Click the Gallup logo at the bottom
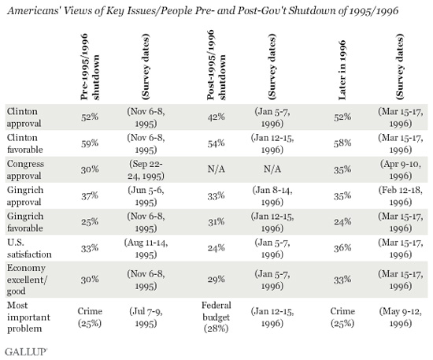(x=26, y=351)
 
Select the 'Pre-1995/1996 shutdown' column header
(x=90, y=67)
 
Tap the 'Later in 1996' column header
(x=342, y=70)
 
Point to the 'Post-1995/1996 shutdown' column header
(x=216, y=65)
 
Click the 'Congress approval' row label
(x=25, y=169)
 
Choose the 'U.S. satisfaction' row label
(x=29, y=248)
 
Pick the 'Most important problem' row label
(x=28, y=317)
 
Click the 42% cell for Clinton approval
(x=216, y=117)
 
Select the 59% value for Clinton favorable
(x=90, y=143)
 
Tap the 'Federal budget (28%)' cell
(x=216, y=317)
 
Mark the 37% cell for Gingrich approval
(x=90, y=195)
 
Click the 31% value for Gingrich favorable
(x=216, y=221)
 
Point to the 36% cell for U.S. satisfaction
(x=342, y=248)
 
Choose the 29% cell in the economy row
(x=216, y=280)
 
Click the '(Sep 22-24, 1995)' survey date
(x=146, y=169)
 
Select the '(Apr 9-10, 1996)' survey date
(x=401, y=169)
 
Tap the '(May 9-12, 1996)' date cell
(x=401, y=317)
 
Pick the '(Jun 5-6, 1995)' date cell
(x=146, y=196)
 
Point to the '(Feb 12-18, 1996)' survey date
(x=401, y=196)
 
